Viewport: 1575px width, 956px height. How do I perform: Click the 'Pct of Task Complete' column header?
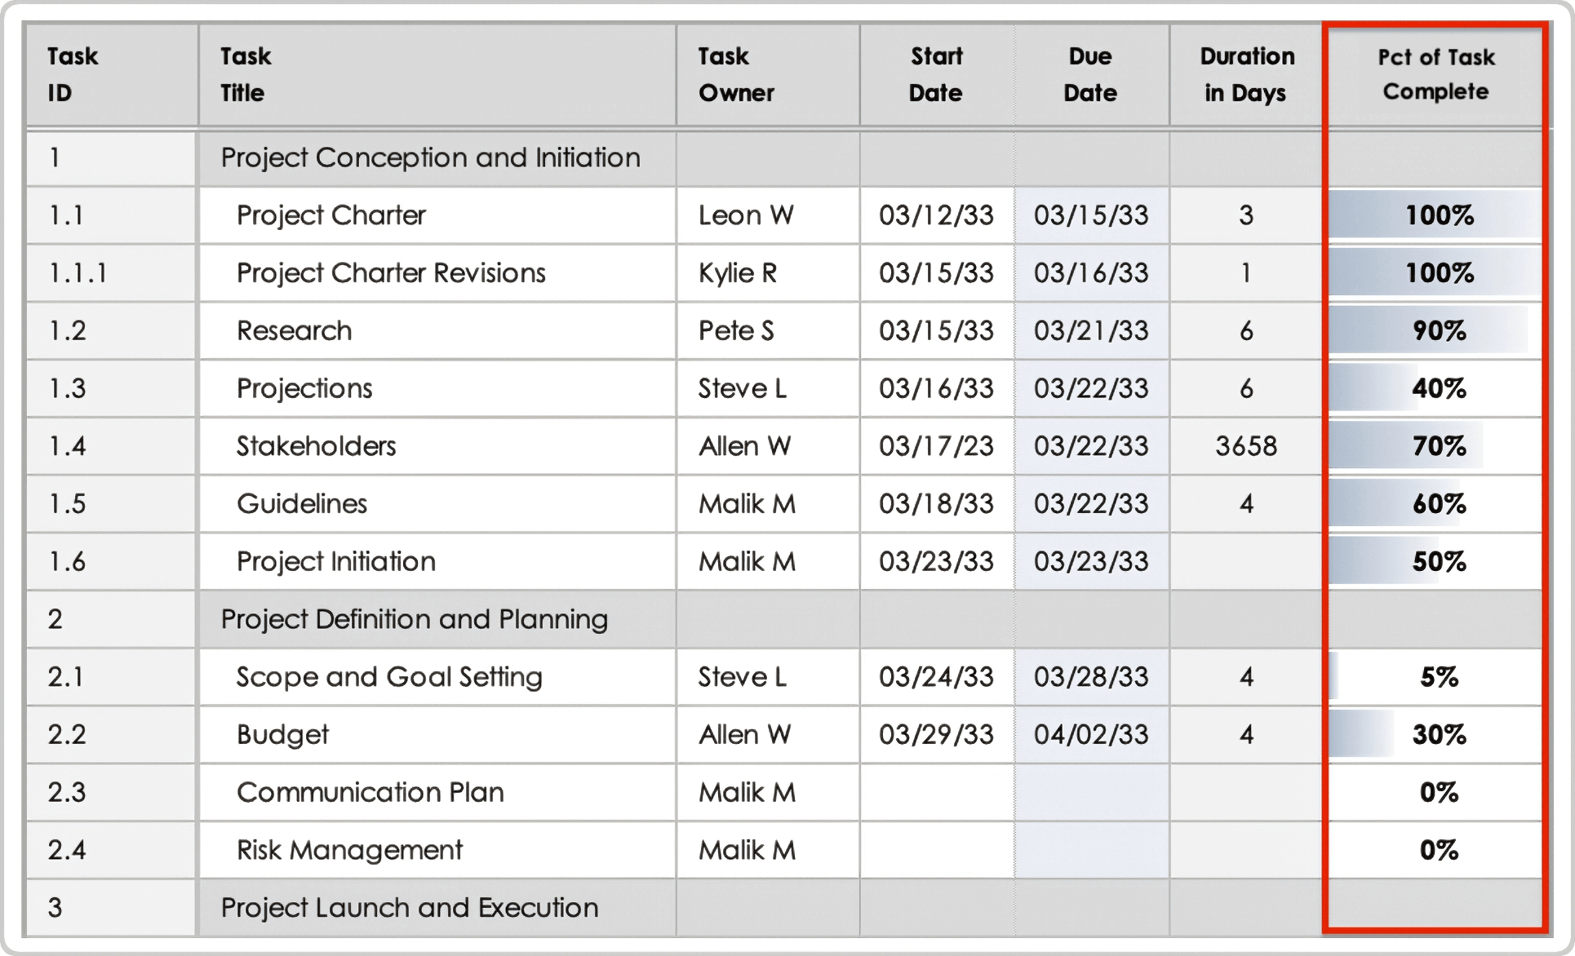tap(1435, 74)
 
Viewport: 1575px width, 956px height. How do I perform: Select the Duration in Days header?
tap(1246, 74)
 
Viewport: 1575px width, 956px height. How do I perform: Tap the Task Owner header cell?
tap(736, 74)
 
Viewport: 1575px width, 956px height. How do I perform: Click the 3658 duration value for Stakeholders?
tap(1246, 446)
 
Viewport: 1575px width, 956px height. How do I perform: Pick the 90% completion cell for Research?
tap(1439, 330)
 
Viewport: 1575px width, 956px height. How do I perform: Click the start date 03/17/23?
tap(936, 446)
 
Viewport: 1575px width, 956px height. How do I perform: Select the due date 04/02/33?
tap(1091, 734)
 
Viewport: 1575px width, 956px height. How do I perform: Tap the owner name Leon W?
tap(746, 215)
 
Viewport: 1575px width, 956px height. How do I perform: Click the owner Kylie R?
tap(738, 273)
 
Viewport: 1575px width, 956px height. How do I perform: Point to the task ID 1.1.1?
tap(78, 273)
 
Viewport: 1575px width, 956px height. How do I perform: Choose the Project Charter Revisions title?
tap(391, 273)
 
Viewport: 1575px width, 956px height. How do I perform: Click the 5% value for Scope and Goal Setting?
tap(1439, 677)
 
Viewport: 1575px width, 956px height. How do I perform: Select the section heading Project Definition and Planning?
tap(415, 619)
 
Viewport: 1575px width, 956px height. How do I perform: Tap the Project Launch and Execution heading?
tap(410, 908)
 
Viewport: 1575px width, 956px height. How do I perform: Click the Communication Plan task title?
tap(370, 792)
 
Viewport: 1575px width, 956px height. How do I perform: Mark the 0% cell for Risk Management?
tap(1439, 850)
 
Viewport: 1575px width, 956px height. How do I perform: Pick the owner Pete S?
tap(736, 330)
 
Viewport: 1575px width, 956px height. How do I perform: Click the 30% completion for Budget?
tap(1439, 734)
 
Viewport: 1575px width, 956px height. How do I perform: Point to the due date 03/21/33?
tap(1091, 330)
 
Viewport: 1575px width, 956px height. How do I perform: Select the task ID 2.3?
tap(67, 792)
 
